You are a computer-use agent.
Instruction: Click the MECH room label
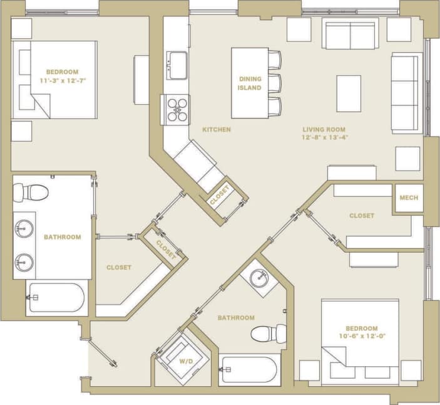click(x=409, y=198)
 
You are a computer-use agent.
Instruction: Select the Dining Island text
click(x=250, y=83)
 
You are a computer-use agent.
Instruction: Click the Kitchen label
click(x=217, y=130)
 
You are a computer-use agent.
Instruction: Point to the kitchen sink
click(x=177, y=64)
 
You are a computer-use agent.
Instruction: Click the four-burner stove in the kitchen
click(x=177, y=108)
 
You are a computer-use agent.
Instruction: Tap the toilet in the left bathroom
click(x=27, y=192)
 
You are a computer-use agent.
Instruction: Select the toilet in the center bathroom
click(x=269, y=334)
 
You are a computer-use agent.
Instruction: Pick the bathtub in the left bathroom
click(x=56, y=298)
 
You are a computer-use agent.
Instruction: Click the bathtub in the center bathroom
click(x=250, y=370)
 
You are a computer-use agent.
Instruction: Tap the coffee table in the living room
click(x=349, y=93)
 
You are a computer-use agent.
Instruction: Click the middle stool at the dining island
click(x=275, y=83)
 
